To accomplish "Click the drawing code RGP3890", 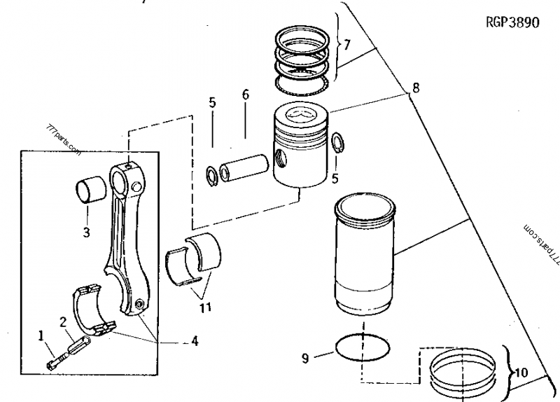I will click(512, 22).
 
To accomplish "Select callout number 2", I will click(63, 321).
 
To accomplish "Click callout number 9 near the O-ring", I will click(305, 359).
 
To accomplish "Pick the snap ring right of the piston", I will click(337, 141).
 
